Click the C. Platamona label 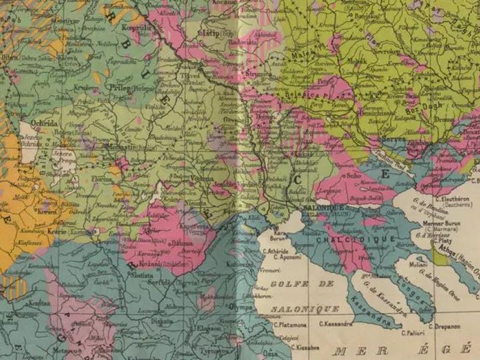pos(289,325)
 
